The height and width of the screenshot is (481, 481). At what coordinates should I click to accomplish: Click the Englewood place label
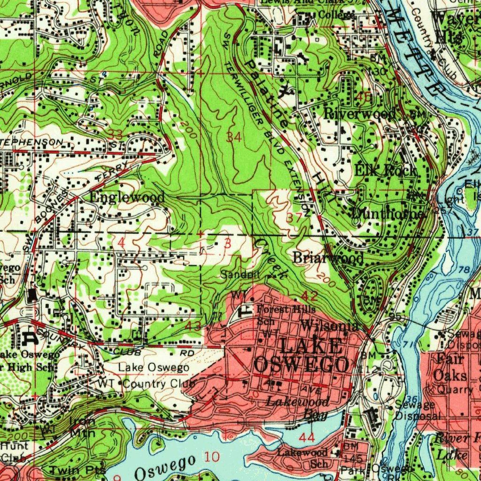coord(127,197)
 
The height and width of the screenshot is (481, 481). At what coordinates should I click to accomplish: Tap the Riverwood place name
coord(360,113)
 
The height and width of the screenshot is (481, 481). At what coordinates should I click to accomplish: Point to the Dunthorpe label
coord(388,213)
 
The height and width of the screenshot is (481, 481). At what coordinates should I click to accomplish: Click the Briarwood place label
coord(328,258)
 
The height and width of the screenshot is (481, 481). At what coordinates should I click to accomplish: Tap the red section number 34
coord(234,137)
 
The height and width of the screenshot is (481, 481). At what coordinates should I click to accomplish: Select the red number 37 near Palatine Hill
coord(294,217)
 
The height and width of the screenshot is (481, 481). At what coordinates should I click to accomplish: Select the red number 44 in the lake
coord(307,438)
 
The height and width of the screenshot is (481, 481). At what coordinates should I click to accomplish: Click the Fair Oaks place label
coord(450,368)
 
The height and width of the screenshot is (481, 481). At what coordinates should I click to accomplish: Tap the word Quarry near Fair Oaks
coord(455,389)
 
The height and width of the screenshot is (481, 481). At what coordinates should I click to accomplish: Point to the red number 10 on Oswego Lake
coord(212,457)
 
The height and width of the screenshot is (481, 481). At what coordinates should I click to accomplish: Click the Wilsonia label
coord(330,325)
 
